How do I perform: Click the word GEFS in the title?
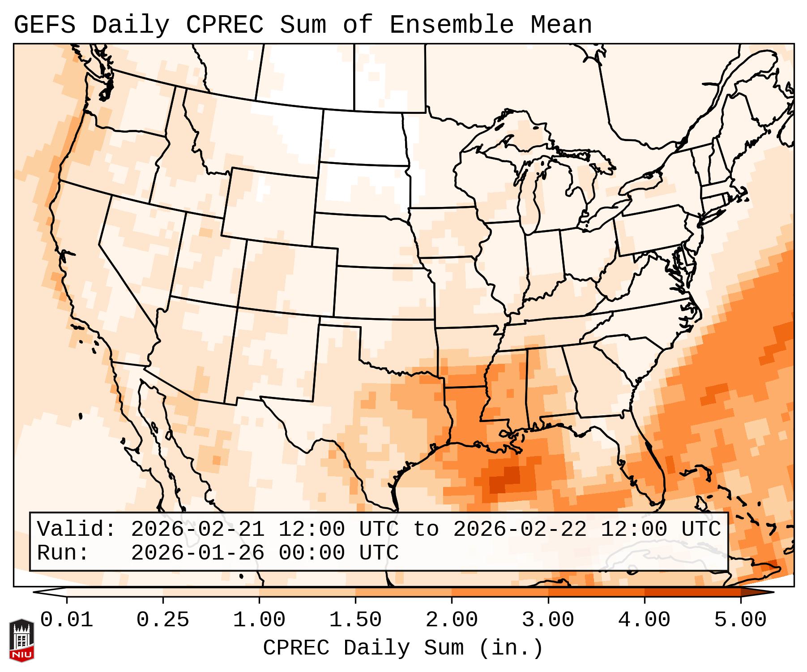click(x=45, y=25)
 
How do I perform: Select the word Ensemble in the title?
click(x=452, y=25)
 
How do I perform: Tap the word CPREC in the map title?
click(x=225, y=25)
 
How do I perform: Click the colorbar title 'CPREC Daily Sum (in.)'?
click(x=403, y=648)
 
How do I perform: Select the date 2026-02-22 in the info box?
click(x=520, y=529)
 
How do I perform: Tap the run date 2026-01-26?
click(x=197, y=553)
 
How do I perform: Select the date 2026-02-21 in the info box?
click(x=197, y=529)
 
